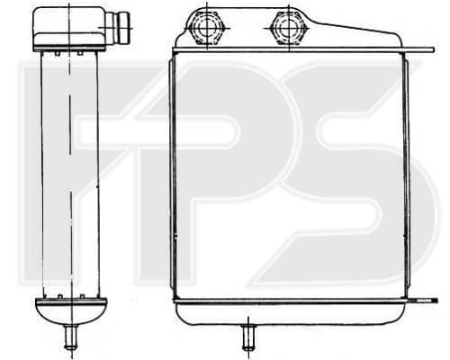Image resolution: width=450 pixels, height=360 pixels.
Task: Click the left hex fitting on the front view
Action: coord(207,29)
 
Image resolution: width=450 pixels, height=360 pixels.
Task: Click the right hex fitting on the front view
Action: coord(288,29)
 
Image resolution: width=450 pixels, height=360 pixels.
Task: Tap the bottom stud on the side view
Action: coord(71,337)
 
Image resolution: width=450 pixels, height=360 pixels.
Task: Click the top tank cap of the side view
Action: coord(69,29)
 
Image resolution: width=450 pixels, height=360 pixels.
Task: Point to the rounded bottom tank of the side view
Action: coord(71,311)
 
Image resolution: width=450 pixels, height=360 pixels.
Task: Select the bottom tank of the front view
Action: coord(291,313)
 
